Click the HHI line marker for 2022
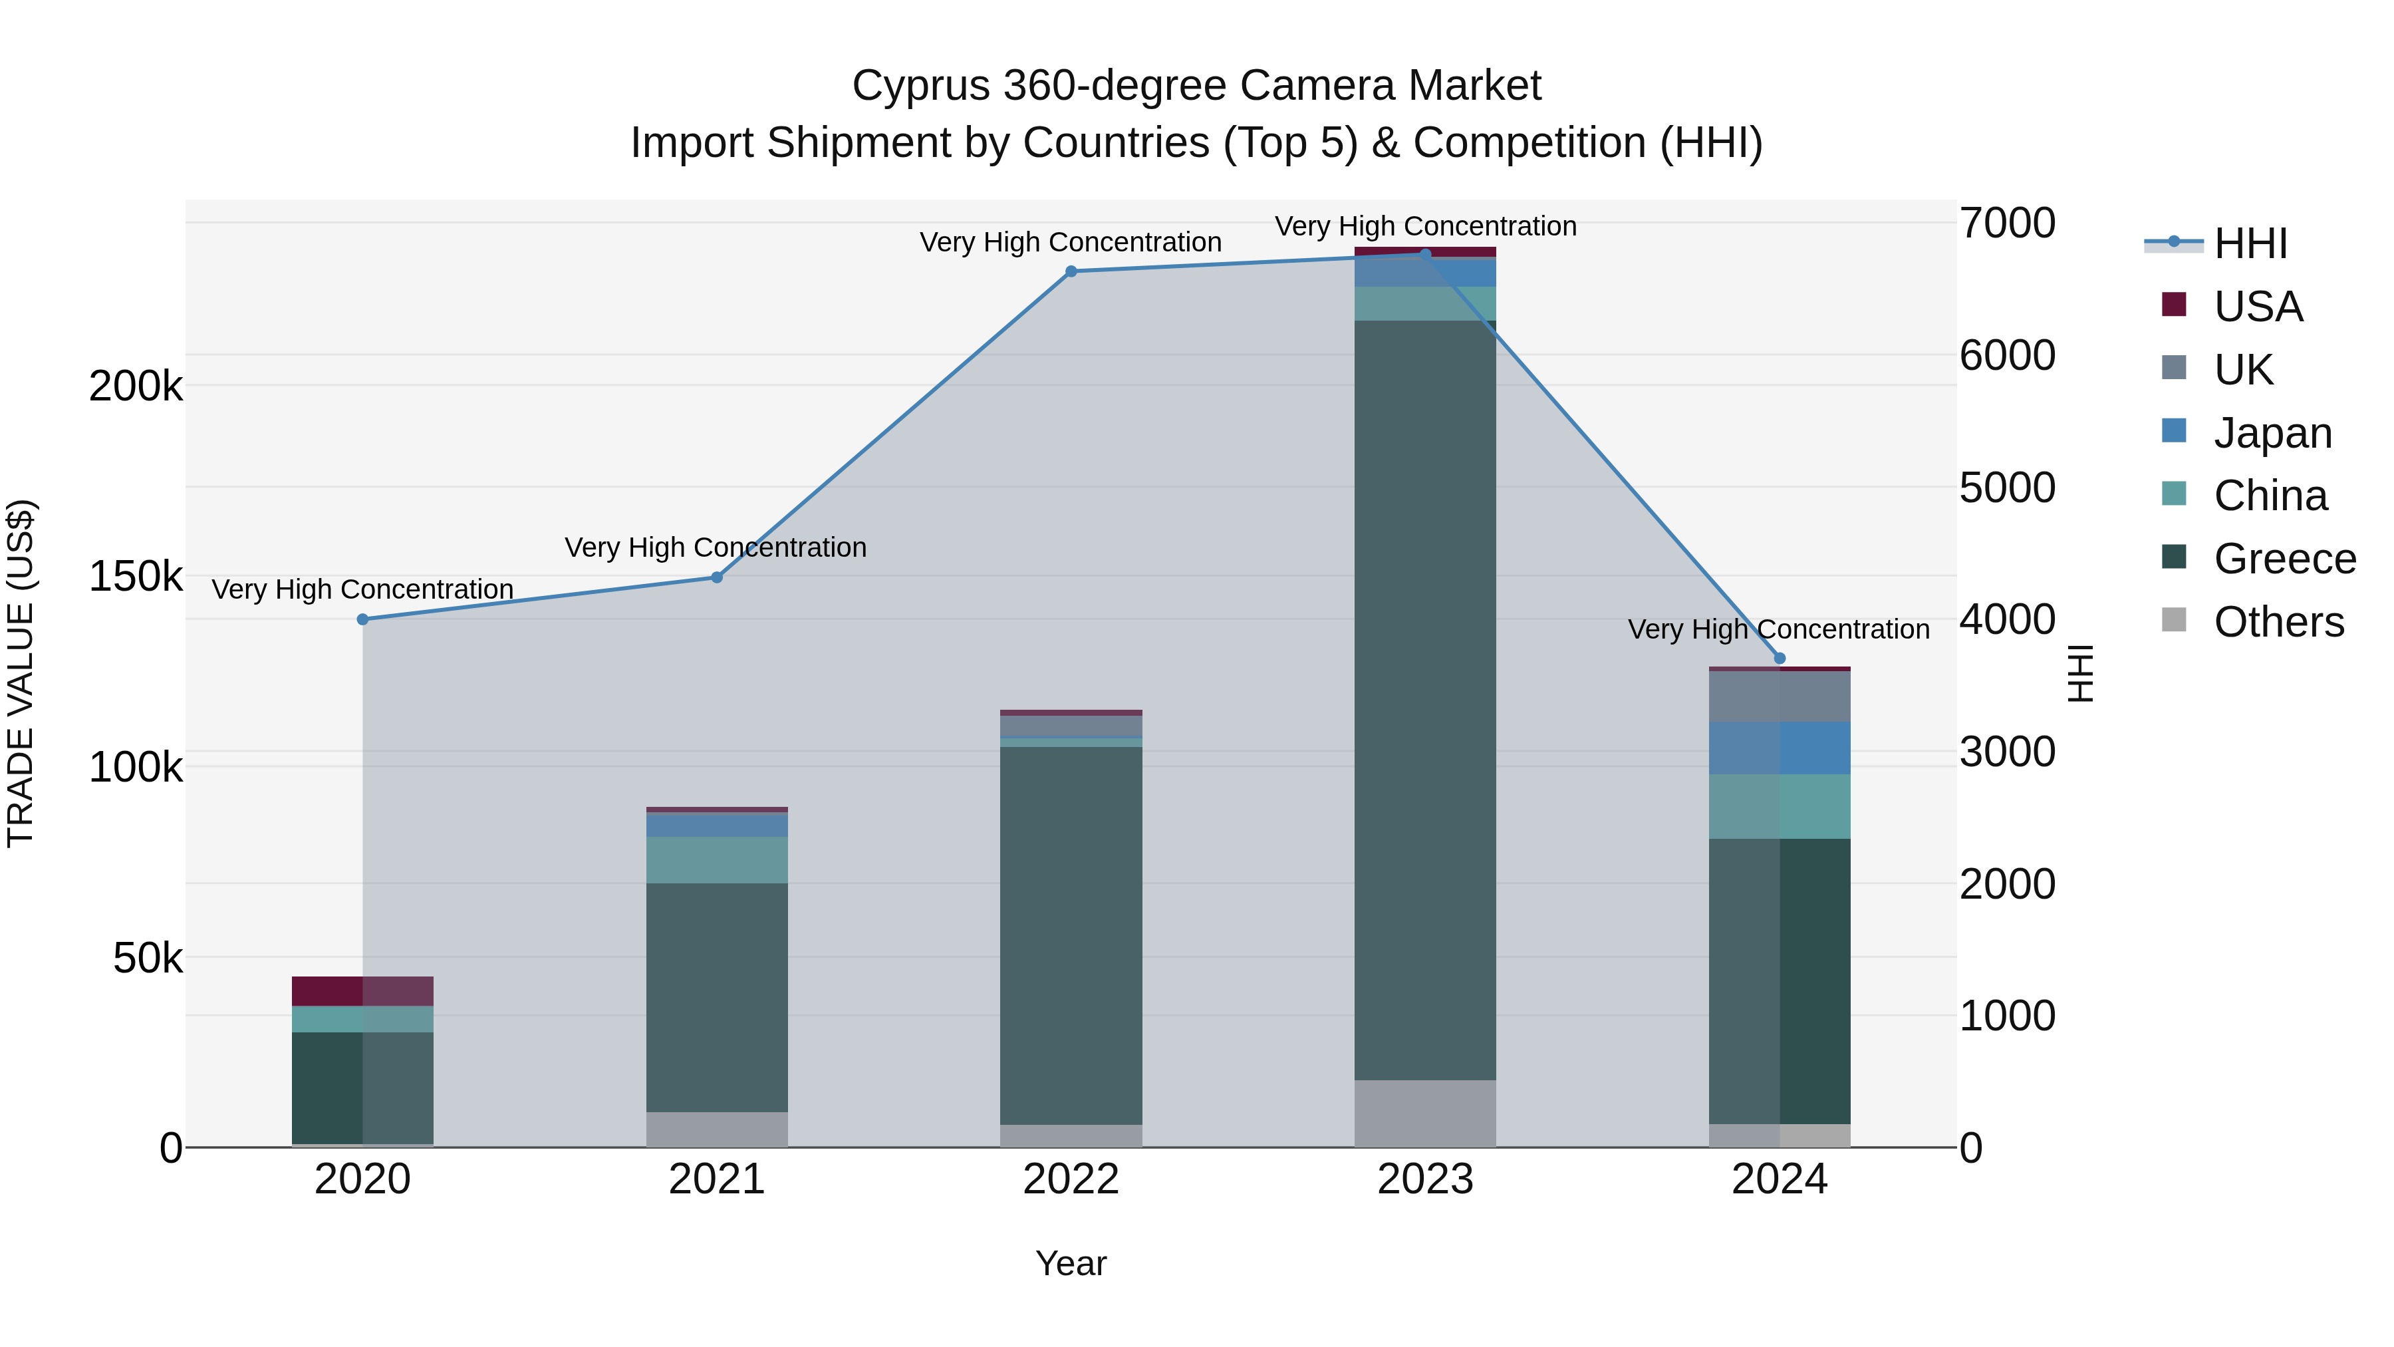pyautogui.click(x=1071, y=271)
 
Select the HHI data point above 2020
pyautogui.click(x=362, y=619)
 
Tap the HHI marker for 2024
pyautogui.click(x=1780, y=658)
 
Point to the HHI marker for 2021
pyautogui.click(x=716, y=577)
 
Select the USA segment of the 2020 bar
pyautogui.click(x=362, y=991)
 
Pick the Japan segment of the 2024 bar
pyautogui.click(x=1780, y=748)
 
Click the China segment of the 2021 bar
pyautogui.click(x=716, y=860)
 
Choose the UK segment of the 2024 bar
pyautogui.click(x=1780, y=696)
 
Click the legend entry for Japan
pyautogui.click(x=2272, y=433)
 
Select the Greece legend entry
pyautogui.click(x=2284, y=559)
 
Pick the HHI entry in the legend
pyautogui.click(x=2250, y=243)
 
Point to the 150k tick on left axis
pyautogui.click(x=136, y=576)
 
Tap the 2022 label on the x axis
pyautogui.click(x=1071, y=1179)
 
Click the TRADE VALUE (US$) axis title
pyautogui.click(x=21, y=673)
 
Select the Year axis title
pyautogui.click(x=1071, y=1263)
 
